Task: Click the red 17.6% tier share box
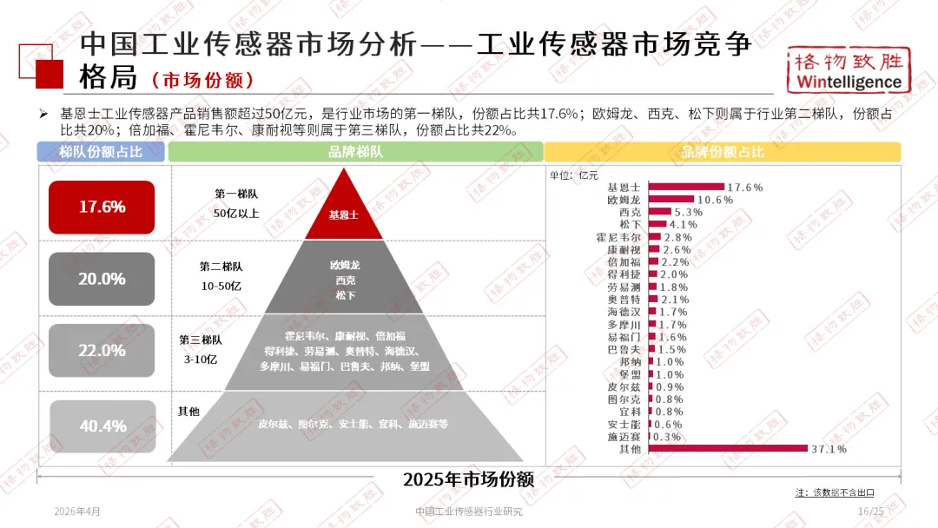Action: [x=102, y=207]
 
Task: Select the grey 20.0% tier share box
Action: [x=102, y=279]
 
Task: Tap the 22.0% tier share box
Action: [x=102, y=351]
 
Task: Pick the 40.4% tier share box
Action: [x=102, y=426]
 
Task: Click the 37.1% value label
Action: [x=829, y=449]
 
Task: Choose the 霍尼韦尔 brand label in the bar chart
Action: [x=624, y=237]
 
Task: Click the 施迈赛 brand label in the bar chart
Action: [x=624, y=437]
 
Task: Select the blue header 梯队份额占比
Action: [x=101, y=152]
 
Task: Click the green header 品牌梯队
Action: [x=356, y=152]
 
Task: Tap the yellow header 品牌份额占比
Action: [x=723, y=152]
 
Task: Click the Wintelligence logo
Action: [x=849, y=70]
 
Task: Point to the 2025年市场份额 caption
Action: [x=468, y=480]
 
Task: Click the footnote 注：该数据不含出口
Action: [x=835, y=492]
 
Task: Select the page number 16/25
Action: [x=870, y=511]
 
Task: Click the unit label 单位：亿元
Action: [x=574, y=175]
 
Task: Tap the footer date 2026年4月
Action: [x=77, y=511]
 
